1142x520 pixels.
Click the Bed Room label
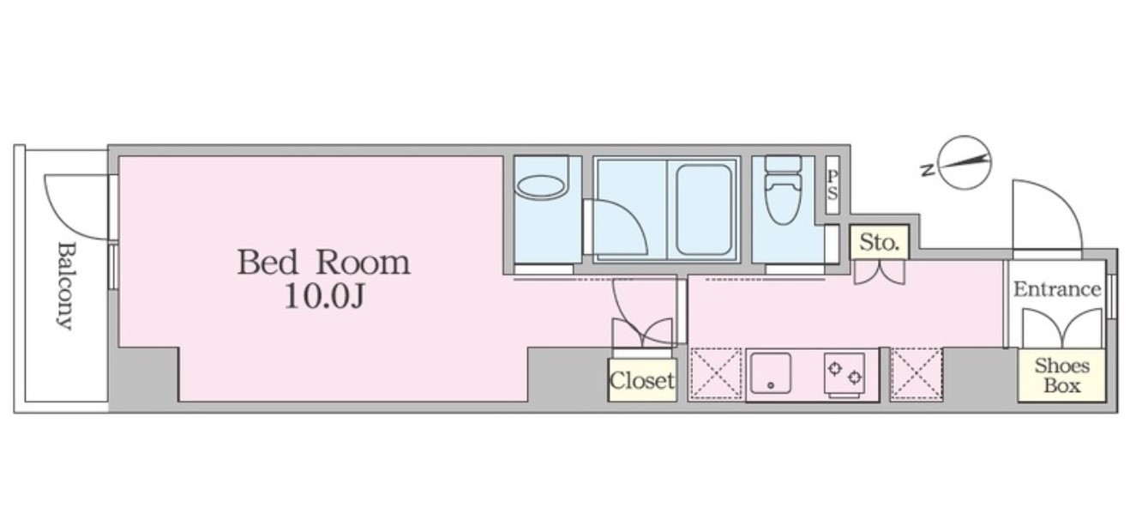tap(323, 262)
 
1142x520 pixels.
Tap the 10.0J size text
tap(323, 298)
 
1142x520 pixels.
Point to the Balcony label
tap(65, 286)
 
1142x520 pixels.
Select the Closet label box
tap(641, 379)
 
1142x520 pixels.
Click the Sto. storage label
tap(879, 243)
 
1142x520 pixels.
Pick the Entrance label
tap(1056, 289)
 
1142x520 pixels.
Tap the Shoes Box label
tap(1061, 376)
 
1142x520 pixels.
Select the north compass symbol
tap(965, 162)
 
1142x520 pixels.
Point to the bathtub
tap(703, 209)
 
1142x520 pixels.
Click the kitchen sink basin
tap(770, 373)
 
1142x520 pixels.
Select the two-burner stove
tap(846, 373)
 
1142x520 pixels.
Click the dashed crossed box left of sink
tap(715, 373)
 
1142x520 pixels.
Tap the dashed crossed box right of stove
tap(916, 373)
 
